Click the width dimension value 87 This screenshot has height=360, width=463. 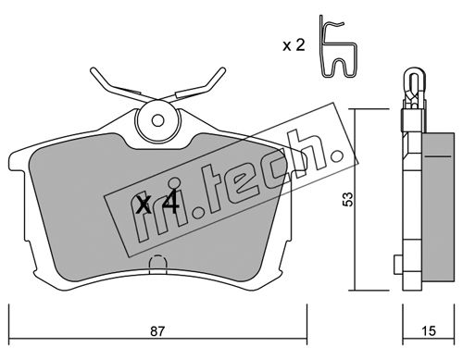click(x=157, y=331)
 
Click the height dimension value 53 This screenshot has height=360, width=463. click(x=348, y=199)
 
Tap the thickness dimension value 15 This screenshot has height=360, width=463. click(x=429, y=331)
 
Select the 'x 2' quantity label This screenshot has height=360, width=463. click(x=294, y=45)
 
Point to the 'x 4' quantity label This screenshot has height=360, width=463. click(x=157, y=202)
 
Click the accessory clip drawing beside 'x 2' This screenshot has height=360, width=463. click(x=339, y=46)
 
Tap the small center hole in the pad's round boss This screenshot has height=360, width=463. click(x=157, y=120)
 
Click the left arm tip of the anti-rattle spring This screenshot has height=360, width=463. click(x=93, y=70)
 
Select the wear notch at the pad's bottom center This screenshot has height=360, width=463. click(x=157, y=265)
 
